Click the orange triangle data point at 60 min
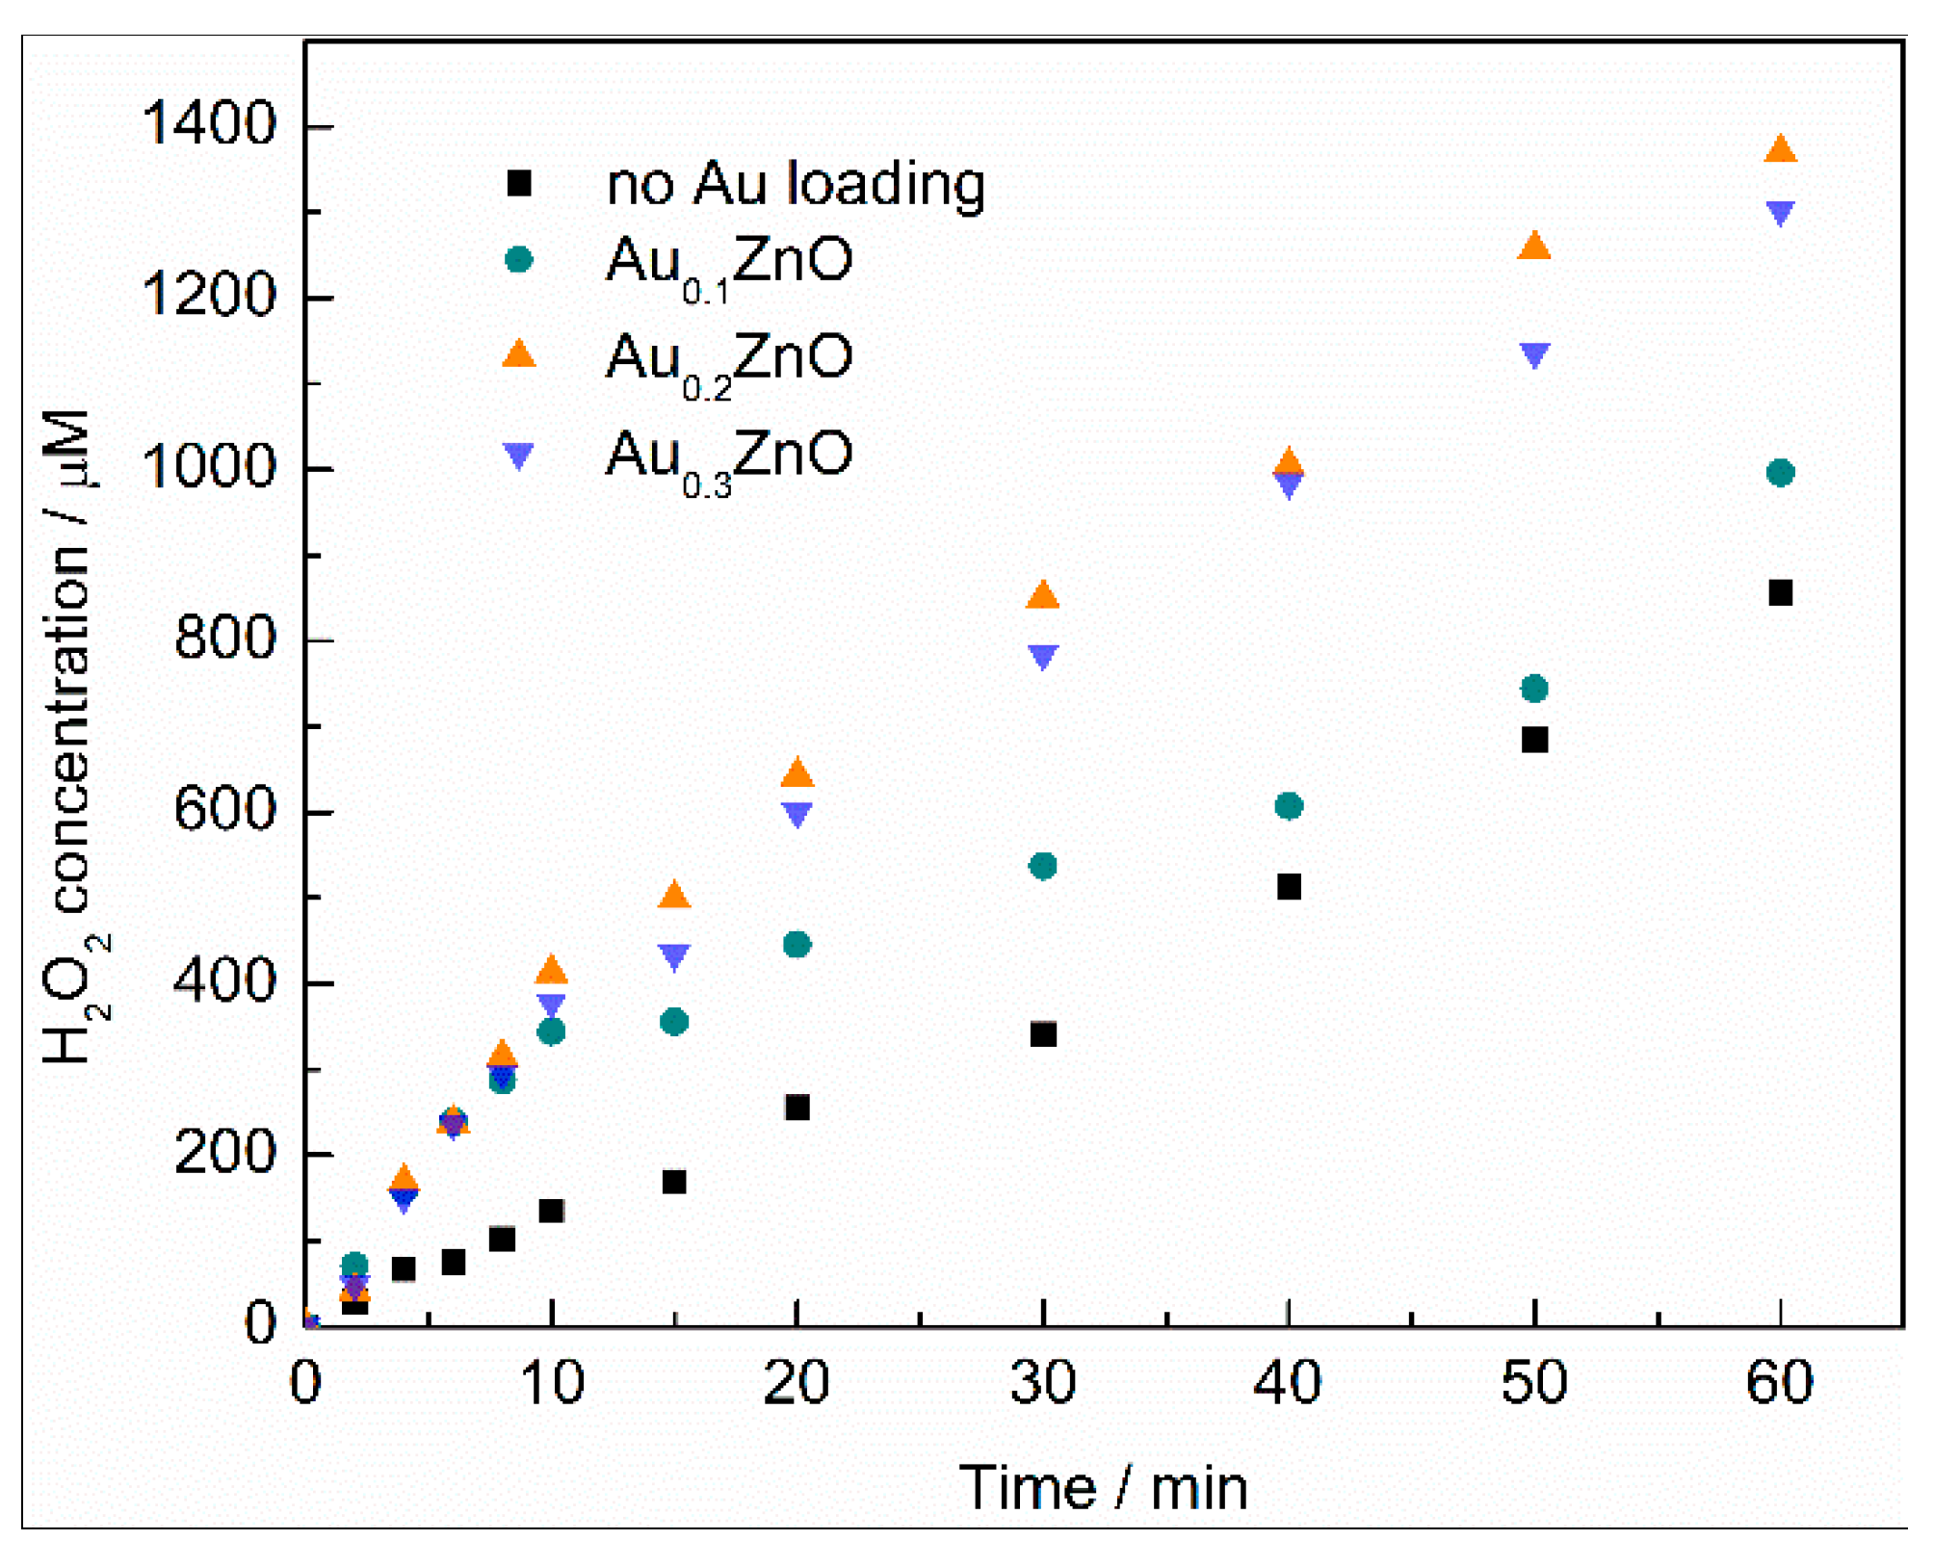[1779, 149]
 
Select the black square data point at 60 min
[1780, 592]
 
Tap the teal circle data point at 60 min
[1780, 472]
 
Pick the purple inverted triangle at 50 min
[1533, 353]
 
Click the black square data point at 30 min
[1043, 1034]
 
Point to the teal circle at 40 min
[1289, 805]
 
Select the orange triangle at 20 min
[797, 772]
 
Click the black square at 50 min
[1533, 740]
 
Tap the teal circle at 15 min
[674, 1021]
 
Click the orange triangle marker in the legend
[518, 354]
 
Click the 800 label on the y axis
[225, 638]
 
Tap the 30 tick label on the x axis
[1043, 1381]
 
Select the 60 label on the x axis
[1779, 1381]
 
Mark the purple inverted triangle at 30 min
[1043, 656]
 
